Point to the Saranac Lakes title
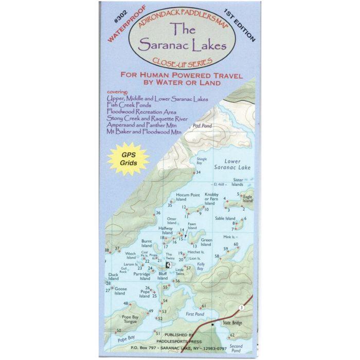click(x=180, y=39)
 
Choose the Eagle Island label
click(x=247, y=199)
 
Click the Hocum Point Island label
click(x=188, y=197)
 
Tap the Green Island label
click(x=206, y=242)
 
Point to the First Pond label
click(x=195, y=314)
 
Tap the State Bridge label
click(x=228, y=323)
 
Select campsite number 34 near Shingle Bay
click(x=199, y=172)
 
